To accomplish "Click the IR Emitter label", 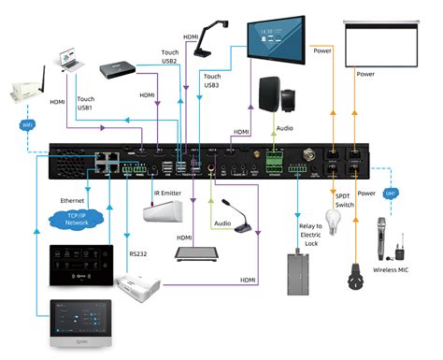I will (x=168, y=193).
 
